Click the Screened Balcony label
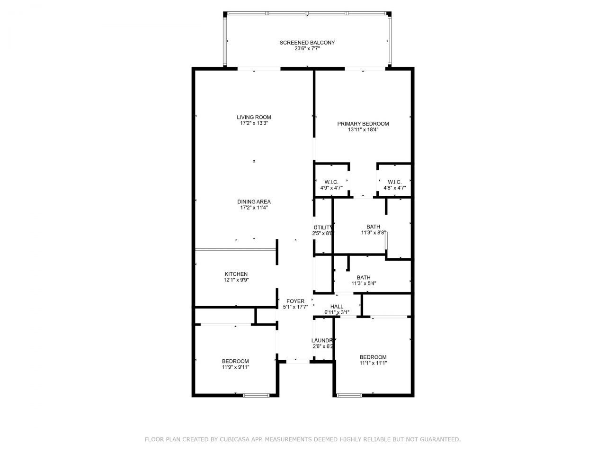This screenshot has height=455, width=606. (307, 43)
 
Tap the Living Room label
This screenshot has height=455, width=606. (254, 118)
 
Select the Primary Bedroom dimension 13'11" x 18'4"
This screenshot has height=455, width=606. (363, 129)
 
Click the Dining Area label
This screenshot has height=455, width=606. (254, 202)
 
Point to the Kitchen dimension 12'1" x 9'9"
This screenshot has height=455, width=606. (236, 280)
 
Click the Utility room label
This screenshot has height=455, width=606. (323, 227)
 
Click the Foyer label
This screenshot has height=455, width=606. (295, 301)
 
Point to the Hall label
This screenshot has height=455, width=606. (337, 307)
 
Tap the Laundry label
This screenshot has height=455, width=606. (323, 341)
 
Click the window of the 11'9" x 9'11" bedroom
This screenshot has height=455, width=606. (256, 395)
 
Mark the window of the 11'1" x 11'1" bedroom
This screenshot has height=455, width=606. (348, 395)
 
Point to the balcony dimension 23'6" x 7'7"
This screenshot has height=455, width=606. (307, 48)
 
